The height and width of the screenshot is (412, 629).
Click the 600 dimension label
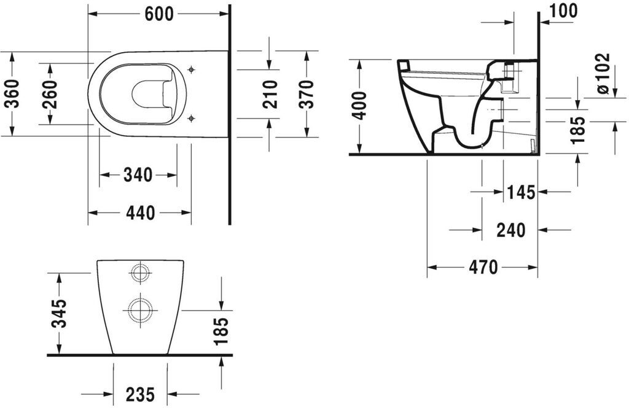(x=158, y=14)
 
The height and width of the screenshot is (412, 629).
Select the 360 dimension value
(x=14, y=94)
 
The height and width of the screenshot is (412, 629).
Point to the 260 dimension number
(x=50, y=94)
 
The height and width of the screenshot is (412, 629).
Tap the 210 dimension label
(x=270, y=94)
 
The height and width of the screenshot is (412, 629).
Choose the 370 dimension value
(x=306, y=94)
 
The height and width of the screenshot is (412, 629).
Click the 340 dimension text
(x=138, y=175)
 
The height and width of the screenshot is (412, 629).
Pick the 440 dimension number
(x=141, y=212)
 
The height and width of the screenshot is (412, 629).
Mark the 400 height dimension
(x=359, y=106)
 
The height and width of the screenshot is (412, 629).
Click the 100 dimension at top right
(x=564, y=11)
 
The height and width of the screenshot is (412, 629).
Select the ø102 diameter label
(x=603, y=74)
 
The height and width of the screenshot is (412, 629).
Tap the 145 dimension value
(x=521, y=193)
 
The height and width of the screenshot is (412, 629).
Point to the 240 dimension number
(x=510, y=230)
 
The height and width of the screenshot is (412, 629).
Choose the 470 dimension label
(x=483, y=266)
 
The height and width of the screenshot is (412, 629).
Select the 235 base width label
(x=141, y=394)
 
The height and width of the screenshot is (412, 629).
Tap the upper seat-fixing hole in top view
(x=192, y=70)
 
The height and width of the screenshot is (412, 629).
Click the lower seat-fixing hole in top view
(x=192, y=118)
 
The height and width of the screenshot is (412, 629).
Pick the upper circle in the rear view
(x=141, y=273)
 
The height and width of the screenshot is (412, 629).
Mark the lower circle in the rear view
(x=141, y=309)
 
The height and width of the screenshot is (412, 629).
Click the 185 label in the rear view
(x=221, y=331)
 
